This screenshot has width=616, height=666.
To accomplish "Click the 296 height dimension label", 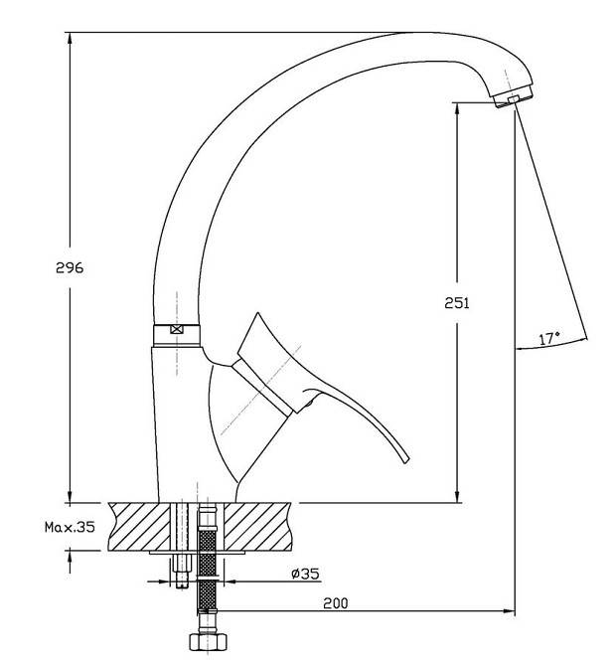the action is pyautogui.click(x=70, y=267).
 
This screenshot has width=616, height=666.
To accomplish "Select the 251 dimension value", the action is pyautogui.click(x=457, y=303).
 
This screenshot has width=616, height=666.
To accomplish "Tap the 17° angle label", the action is pyautogui.click(x=549, y=339).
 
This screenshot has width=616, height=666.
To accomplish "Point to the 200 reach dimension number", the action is pyautogui.click(x=336, y=603).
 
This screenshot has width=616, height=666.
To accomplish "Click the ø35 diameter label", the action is pyautogui.click(x=305, y=574).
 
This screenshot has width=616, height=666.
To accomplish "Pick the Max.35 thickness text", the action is pyautogui.click(x=70, y=527).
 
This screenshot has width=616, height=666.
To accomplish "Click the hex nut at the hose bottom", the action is pyautogui.click(x=208, y=641).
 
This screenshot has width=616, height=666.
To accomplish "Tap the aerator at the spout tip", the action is pyautogui.click(x=514, y=98).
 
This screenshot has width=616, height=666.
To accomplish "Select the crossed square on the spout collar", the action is pyautogui.click(x=176, y=329).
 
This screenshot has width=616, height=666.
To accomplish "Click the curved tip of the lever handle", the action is pyautogui.click(x=405, y=459).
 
